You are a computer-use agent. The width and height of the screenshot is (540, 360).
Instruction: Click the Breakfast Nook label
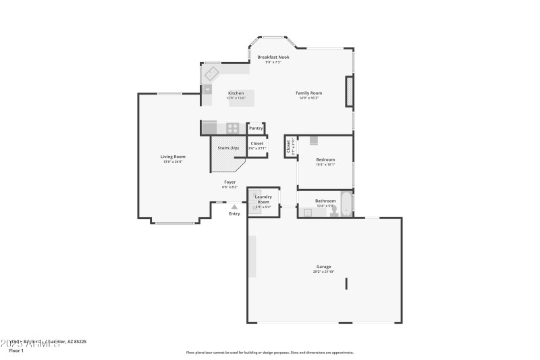[273, 57]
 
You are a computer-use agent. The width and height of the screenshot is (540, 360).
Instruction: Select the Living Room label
[173, 157]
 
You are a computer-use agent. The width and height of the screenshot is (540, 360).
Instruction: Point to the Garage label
[324, 266]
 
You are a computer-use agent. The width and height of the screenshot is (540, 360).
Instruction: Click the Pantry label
[256, 128]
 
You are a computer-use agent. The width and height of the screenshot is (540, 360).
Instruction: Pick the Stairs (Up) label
[227, 148]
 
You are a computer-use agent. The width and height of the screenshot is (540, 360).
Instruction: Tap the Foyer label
[230, 182]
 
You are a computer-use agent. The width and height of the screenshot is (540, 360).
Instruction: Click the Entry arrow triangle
[234, 207]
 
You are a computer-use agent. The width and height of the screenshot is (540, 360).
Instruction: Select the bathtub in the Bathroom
[346, 203]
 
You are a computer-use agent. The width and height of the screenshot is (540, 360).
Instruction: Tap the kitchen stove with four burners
[232, 127]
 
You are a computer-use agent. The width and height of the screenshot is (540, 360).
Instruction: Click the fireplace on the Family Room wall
[350, 91]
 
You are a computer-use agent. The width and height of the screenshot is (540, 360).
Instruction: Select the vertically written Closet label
[288, 147]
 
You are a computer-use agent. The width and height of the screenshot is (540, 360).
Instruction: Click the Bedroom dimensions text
[325, 164]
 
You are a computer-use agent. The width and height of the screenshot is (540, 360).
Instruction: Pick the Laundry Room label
[263, 199]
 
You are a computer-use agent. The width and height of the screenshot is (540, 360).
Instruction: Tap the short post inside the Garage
[347, 283]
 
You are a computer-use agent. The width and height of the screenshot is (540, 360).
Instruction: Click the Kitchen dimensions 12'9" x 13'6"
[236, 98]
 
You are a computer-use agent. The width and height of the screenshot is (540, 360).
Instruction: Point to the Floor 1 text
[16, 351]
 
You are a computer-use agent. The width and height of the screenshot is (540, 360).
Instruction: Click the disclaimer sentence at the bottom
[269, 352]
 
